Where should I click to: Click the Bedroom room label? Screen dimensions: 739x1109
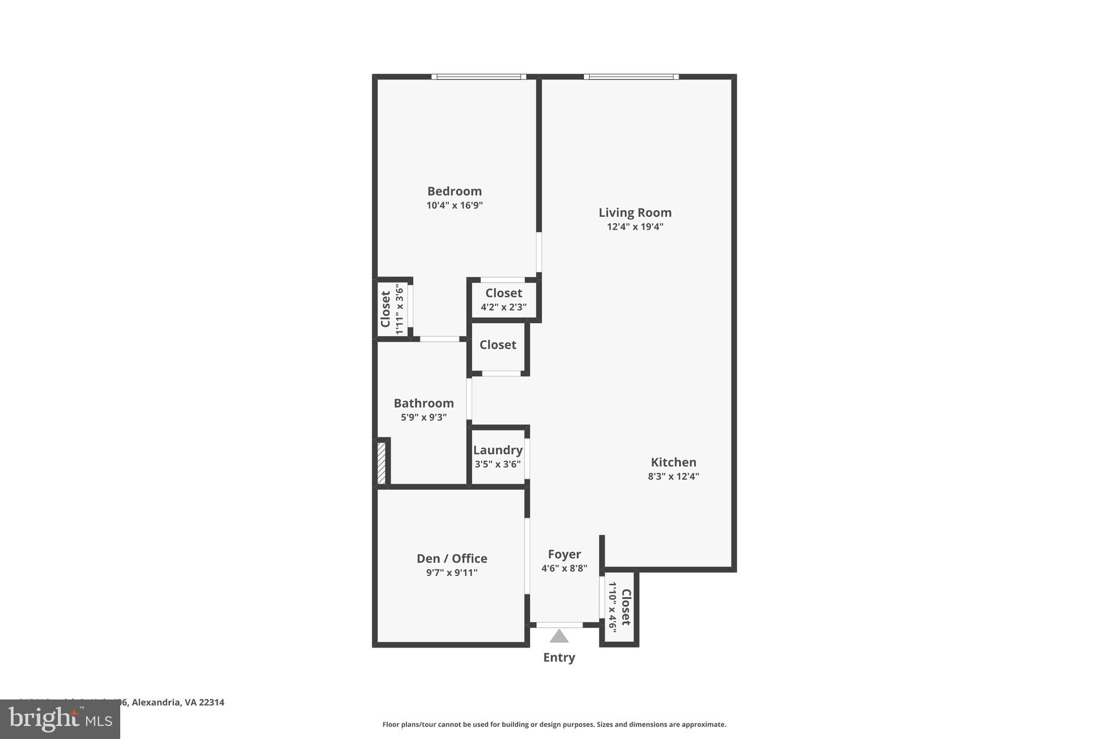coord(454,191)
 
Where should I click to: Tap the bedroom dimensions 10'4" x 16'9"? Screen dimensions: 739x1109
coord(454,206)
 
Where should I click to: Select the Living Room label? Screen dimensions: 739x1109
coord(635,213)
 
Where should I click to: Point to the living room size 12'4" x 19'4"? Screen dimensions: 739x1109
coord(635,227)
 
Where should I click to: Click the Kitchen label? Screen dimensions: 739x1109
coord(673,462)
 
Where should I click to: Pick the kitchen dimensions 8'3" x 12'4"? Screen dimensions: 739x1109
coord(673,476)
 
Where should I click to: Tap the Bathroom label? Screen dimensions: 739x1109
coord(423,403)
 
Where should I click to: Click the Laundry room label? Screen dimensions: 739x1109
coord(498,450)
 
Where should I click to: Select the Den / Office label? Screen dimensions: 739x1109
coord(452,559)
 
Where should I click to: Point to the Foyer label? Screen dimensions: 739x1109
coord(564,554)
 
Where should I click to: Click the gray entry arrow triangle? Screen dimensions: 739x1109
coord(559,636)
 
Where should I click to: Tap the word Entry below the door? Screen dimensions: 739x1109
coord(559,657)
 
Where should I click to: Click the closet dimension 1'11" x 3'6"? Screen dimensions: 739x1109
coord(400,309)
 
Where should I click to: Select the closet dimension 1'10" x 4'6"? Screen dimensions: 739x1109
coord(612,607)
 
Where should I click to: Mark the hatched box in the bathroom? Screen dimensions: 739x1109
coord(381,463)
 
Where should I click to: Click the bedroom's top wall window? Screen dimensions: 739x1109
coord(479,77)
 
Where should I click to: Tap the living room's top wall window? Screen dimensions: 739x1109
coord(631,77)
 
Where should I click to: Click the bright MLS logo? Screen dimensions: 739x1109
coord(60,720)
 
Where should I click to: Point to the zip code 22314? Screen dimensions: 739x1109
coord(211,702)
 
